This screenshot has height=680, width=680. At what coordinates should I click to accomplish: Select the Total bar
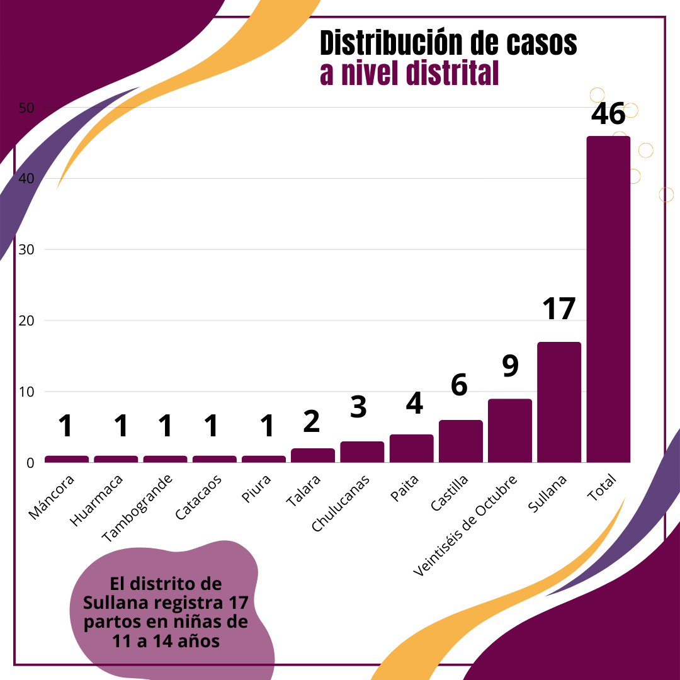click(608, 299)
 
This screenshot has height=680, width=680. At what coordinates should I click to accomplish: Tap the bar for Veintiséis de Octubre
click(510, 431)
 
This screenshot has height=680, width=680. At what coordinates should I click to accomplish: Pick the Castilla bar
click(461, 441)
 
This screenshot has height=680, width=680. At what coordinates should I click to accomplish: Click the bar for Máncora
click(67, 459)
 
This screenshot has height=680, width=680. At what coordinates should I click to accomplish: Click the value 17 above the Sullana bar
click(559, 309)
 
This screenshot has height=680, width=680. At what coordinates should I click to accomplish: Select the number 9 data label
click(511, 366)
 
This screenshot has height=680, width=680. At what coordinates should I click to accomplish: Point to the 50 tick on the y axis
click(26, 108)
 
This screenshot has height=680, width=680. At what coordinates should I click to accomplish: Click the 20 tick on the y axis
click(26, 321)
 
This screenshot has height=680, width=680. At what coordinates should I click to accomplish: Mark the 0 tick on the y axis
click(30, 463)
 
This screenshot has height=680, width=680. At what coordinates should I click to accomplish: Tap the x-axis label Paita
click(404, 489)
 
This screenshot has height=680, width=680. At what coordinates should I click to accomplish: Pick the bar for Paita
click(412, 448)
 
